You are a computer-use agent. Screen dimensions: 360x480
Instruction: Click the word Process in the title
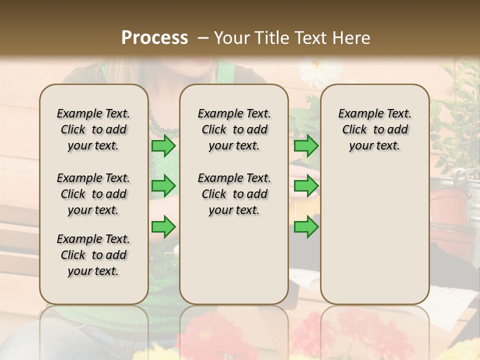click(x=154, y=38)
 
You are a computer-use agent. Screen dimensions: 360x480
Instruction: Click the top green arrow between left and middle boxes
click(x=163, y=146)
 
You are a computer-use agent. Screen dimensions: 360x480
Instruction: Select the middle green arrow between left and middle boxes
click(x=163, y=186)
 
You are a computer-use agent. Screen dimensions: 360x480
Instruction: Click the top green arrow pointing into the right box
click(x=306, y=146)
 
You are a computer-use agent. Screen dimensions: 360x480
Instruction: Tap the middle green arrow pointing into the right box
click(x=306, y=186)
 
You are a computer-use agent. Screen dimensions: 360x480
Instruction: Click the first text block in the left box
click(x=93, y=129)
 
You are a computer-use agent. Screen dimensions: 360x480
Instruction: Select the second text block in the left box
click(x=93, y=194)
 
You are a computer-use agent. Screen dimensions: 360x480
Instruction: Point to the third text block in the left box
click(x=93, y=255)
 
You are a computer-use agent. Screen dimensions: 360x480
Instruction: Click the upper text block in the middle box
click(x=234, y=129)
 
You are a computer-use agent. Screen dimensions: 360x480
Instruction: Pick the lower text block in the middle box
click(x=234, y=194)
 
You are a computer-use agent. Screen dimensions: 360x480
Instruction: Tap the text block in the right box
click(x=374, y=129)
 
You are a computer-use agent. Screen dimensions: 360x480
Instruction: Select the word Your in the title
click(x=230, y=38)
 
